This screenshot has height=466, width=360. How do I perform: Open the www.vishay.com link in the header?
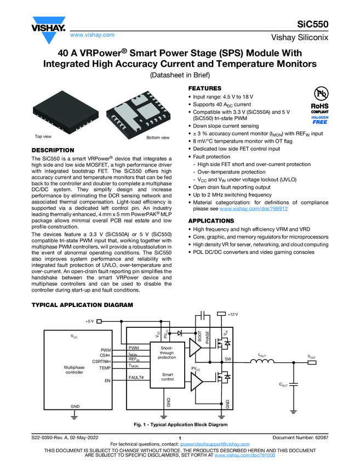(92, 35)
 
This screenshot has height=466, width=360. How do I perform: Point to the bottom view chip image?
(135, 113)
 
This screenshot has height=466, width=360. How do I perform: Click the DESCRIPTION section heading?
(53, 150)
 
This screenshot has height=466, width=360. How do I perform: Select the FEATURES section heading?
(205, 88)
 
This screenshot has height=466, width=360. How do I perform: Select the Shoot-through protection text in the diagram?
(167, 353)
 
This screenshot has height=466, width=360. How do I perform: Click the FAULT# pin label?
(136, 378)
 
